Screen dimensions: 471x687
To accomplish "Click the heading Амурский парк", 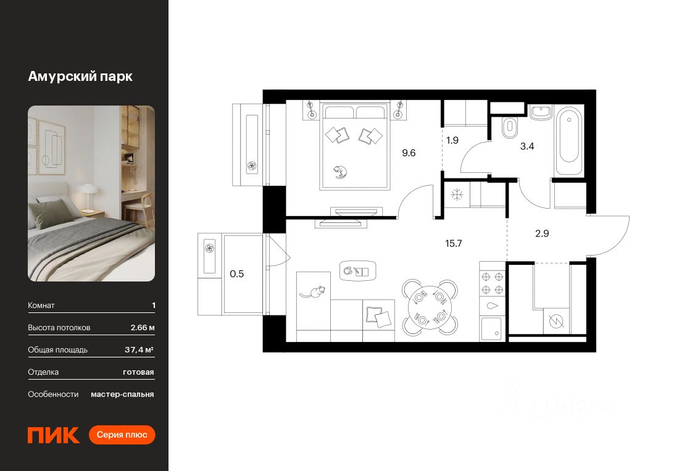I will click(x=80, y=77).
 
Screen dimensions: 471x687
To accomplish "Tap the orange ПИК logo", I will click(x=54, y=435).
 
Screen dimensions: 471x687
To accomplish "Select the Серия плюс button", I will click(x=122, y=435).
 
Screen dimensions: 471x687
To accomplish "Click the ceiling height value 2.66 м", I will click(x=143, y=327).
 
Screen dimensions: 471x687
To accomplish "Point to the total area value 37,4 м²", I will click(x=139, y=349).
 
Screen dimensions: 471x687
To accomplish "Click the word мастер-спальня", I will click(x=122, y=394).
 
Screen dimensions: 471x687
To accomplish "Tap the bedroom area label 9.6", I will click(x=409, y=153).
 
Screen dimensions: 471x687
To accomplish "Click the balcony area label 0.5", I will click(x=237, y=274).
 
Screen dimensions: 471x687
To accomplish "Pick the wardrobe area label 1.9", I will click(x=452, y=140).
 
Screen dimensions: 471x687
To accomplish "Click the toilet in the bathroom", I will click(x=510, y=128).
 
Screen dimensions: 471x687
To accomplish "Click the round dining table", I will click(x=430, y=307).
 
